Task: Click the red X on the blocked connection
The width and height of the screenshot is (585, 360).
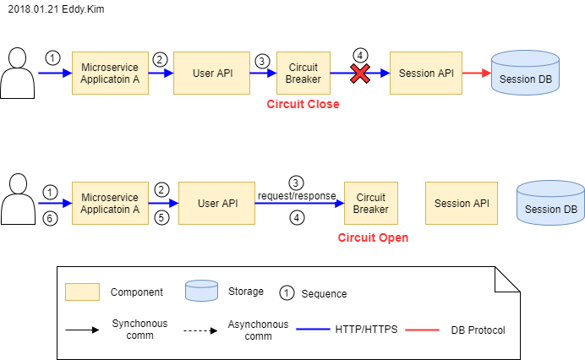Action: [360, 74]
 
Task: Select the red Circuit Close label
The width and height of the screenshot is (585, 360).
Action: [303, 104]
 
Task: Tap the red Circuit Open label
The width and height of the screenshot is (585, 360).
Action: [373, 237]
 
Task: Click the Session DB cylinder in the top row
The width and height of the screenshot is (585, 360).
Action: [524, 74]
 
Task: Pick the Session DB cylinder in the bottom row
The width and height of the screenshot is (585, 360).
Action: [550, 203]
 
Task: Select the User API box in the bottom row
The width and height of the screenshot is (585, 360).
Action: [217, 203]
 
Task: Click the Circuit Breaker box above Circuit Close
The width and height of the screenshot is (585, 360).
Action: [303, 73]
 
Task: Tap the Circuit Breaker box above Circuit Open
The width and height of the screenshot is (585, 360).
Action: [371, 203]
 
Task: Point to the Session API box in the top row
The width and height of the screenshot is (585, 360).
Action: [426, 73]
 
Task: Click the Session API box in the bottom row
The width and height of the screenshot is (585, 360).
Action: [462, 203]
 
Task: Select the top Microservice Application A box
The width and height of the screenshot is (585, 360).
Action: [110, 73]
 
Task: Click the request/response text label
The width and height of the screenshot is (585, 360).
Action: [297, 195]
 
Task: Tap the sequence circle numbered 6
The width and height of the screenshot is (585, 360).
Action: [49, 217]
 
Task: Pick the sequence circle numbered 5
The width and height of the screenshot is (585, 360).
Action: [161, 217]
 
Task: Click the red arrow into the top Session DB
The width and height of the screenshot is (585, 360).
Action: [477, 74]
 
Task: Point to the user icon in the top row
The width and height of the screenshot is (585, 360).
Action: [16, 74]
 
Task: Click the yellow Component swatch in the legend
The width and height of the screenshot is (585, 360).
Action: [82, 292]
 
